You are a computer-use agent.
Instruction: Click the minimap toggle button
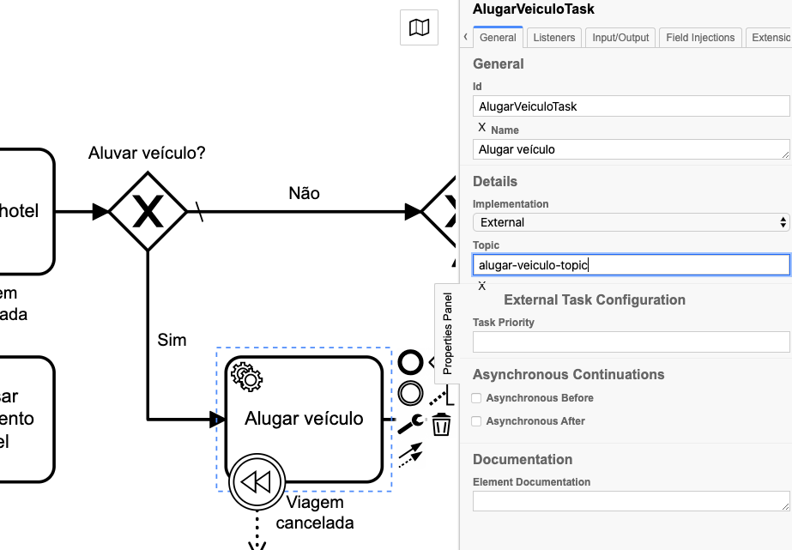click(419, 27)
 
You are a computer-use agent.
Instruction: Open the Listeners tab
click(553, 38)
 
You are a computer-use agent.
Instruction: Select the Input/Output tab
click(621, 38)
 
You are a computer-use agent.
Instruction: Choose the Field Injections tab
click(700, 38)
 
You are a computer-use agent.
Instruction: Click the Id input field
click(631, 106)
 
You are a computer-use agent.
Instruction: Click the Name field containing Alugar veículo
click(631, 149)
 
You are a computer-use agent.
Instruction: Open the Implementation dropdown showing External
click(631, 222)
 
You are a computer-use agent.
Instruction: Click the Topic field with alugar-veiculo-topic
click(631, 265)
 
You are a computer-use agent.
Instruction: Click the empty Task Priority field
click(631, 341)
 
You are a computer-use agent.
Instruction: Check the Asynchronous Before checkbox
click(476, 398)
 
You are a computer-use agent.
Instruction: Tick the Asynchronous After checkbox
click(476, 421)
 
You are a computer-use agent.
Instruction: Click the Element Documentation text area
click(631, 501)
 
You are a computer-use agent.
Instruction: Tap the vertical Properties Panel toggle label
click(447, 333)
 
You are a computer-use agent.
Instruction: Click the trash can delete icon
click(441, 424)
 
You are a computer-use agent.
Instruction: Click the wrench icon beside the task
click(410, 424)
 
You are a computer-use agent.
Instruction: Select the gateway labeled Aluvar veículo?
click(148, 211)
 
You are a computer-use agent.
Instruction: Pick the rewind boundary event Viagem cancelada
click(256, 481)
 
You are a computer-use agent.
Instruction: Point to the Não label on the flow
click(304, 193)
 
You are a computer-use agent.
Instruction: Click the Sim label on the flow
click(172, 340)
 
